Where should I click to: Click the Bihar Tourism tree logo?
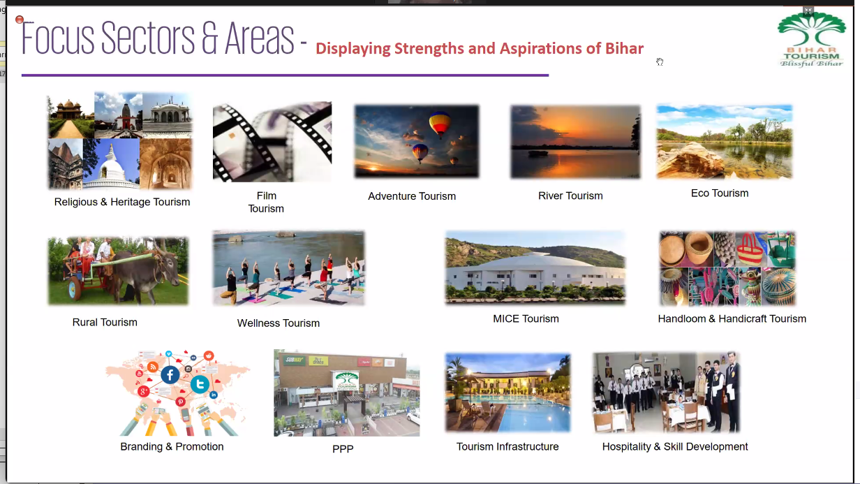811,39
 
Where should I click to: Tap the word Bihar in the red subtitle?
624,49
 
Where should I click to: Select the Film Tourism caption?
266,202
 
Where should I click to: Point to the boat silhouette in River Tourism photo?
538,154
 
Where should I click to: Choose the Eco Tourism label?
720,193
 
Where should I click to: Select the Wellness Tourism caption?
279,323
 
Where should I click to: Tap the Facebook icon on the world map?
170,375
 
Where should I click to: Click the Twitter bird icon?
200,384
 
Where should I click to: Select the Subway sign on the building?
294,360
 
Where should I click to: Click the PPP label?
343,448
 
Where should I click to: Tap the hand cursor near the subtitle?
660,62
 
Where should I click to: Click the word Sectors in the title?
148,38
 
